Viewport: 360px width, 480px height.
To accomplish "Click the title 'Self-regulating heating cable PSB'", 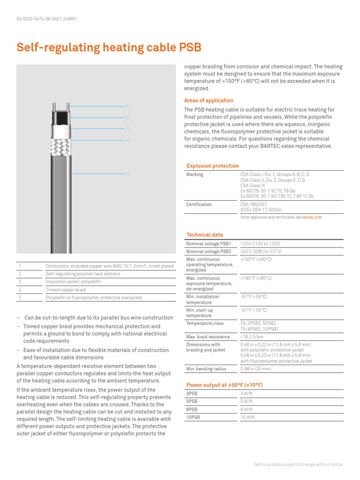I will [x=109, y=48].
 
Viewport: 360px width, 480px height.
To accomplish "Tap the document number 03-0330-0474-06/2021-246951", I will [x=46, y=19].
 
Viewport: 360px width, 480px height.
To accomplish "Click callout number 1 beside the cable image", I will [x=127, y=106].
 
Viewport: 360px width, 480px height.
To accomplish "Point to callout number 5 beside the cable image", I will [x=127, y=174].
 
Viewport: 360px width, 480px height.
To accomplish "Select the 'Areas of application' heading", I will [x=209, y=100].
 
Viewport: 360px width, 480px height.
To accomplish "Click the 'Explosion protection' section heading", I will [x=212, y=166].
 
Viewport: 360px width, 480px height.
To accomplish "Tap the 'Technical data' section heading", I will [x=205, y=235].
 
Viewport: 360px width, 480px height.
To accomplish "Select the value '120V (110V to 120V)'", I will [x=260, y=244].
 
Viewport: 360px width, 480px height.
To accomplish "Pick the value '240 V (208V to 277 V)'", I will [x=261, y=251].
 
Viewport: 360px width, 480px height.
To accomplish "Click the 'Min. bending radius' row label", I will [x=206, y=369].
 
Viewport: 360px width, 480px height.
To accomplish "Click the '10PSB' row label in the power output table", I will [x=193, y=416].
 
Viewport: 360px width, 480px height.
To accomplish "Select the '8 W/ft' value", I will [x=247, y=409].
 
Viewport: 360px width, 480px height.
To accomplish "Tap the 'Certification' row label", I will [x=199, y=204].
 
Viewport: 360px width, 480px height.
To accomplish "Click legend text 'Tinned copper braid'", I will [x=65, y=290].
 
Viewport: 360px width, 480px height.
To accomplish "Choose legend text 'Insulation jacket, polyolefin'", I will [x=73, y=282].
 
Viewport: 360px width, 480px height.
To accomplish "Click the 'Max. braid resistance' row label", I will [x=208, y=337].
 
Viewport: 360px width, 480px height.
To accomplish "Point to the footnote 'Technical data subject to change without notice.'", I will [x=298, y=465].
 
